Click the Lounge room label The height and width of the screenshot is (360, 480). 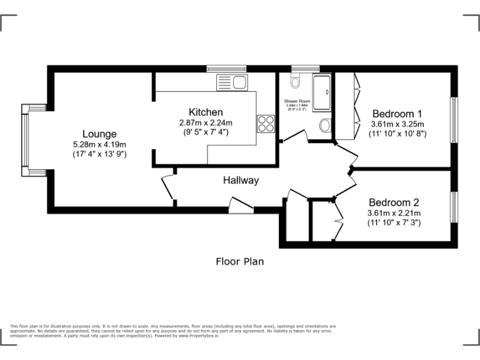(99, 134)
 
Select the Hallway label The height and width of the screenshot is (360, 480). (241, 181)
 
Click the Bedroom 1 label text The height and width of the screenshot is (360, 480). (397, 114)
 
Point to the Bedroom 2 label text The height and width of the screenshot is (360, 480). (394, 202)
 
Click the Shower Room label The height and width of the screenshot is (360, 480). (297, 101)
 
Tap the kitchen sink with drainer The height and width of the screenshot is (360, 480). (232, 81)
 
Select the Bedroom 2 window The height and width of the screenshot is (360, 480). (455, 209)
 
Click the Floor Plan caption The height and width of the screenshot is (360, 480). (239, 261)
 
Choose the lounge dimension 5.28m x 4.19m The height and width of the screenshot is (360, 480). (99, 144)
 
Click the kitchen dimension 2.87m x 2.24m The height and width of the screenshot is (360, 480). (206, 122)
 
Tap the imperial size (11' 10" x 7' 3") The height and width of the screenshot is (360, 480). (394, 222)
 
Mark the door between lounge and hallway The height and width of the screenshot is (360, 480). (168, 187)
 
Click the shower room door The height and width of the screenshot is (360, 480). (294, 136)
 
